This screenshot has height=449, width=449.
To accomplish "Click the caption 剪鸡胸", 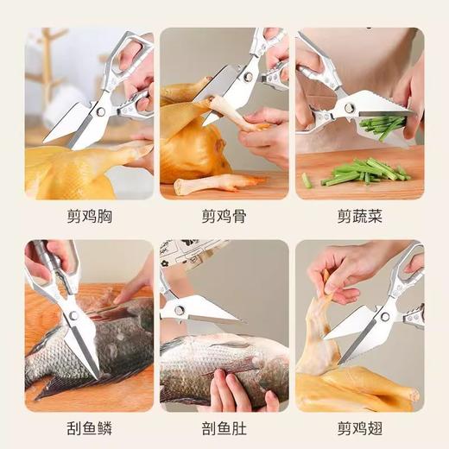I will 89,217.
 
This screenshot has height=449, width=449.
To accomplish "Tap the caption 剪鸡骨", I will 224,217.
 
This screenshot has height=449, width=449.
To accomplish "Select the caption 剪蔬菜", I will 359,217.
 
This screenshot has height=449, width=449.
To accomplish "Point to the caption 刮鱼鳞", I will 89,427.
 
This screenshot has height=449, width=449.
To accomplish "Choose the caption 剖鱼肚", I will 224,427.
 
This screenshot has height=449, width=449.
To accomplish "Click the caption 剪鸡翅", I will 359,427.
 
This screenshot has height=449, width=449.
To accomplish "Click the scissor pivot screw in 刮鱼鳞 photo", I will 73,315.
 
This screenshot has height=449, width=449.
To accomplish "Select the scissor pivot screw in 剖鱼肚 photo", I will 180,308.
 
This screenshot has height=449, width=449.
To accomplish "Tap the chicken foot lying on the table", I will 216,183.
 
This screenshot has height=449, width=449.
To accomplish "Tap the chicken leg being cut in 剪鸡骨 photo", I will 231,114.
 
